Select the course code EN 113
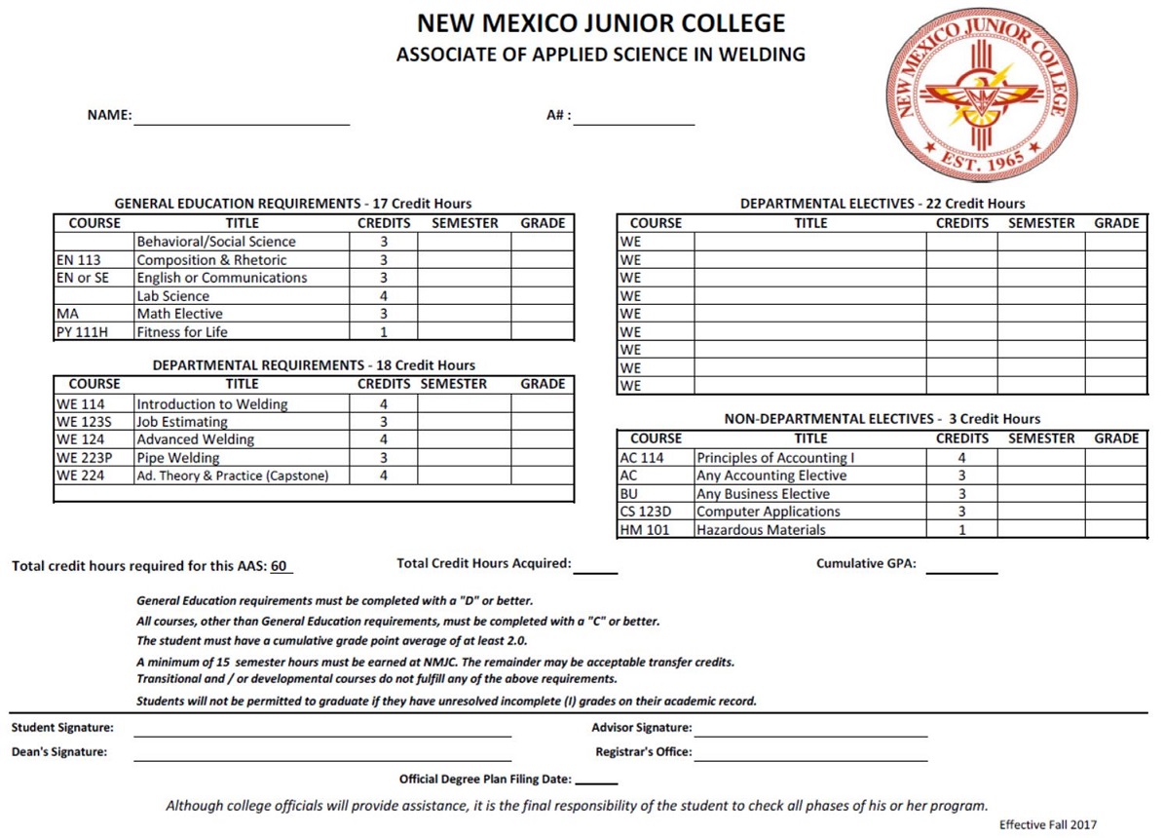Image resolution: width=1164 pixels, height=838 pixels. point(79,260)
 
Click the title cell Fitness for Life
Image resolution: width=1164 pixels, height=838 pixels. point(182,332)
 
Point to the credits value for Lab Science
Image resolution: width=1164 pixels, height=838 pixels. point(384,296)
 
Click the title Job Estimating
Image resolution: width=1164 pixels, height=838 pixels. point(182,422)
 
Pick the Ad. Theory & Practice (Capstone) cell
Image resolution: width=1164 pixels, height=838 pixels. point(233,476)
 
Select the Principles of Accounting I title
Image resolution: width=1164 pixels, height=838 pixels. point(771,458)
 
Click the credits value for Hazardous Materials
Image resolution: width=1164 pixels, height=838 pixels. point(961,530)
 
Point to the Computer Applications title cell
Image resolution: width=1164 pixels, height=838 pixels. point(769,512)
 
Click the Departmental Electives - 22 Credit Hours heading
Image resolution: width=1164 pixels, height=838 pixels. point(882,204)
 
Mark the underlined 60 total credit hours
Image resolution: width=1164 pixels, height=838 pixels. point(280,566)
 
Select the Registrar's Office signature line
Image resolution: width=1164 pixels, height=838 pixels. point(810,754)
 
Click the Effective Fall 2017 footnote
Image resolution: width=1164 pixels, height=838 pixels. point(1047,824)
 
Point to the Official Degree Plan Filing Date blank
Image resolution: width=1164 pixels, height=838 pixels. point(603,780)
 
